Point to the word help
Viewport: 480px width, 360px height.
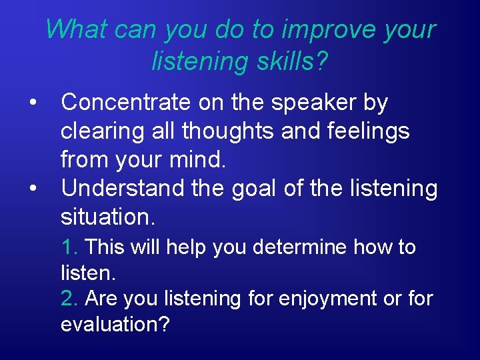click(187, 247)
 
